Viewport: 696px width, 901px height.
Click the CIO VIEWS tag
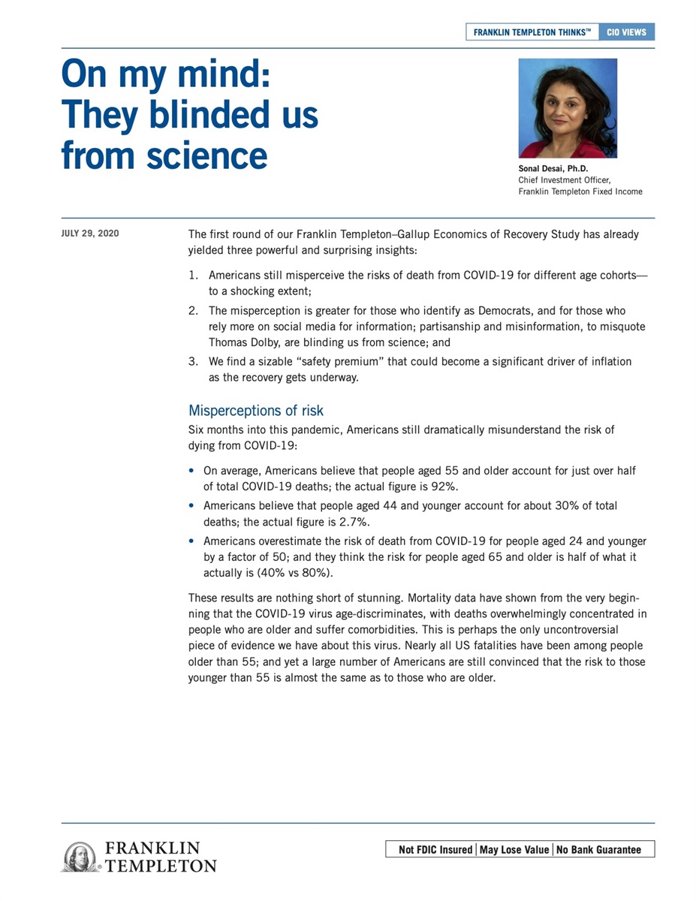627,32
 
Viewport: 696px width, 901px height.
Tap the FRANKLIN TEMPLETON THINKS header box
532,32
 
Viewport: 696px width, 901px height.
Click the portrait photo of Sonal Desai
568,108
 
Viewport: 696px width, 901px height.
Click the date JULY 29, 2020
89,234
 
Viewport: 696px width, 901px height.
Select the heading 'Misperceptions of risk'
256,411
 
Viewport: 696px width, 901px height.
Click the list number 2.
193,311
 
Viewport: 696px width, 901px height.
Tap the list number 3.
193,362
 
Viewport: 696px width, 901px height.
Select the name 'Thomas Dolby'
243,342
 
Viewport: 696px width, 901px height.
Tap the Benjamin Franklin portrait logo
79,856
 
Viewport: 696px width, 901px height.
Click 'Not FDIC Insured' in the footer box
435,850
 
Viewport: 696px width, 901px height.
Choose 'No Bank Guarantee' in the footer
599,850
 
